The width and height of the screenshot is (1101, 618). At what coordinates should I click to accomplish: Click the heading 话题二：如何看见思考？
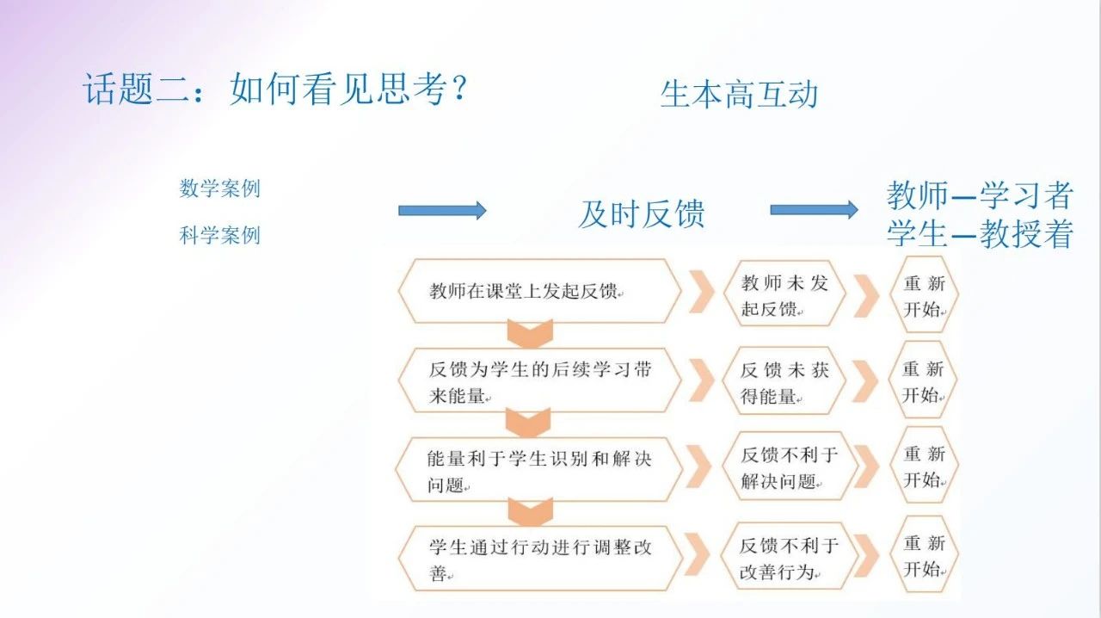(x=274, y=89)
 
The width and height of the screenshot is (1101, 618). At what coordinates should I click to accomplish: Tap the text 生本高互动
(x=738, y=94)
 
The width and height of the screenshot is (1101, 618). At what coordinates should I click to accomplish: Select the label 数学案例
(x=219, y=188)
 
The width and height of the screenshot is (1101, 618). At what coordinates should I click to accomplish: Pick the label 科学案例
(x=219, y=235)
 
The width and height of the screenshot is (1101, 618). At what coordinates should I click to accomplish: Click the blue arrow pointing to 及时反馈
(x=442, y=210)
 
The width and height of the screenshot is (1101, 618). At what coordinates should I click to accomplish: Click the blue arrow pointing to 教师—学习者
(x=814, y=209)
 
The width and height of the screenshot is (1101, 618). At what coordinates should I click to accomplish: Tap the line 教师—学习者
(x=980, y=196)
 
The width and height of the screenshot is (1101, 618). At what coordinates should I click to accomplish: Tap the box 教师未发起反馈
(x=784, y=294)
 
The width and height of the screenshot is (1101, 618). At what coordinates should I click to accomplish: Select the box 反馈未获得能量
(x=784, y=381)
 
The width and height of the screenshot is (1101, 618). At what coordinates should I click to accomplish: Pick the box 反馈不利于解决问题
(x=788, y=468)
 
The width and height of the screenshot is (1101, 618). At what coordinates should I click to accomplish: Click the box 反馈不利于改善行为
(x=788, y=558)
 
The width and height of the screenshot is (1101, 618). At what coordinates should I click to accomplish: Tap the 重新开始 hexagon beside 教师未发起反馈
(x=923, y=294)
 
